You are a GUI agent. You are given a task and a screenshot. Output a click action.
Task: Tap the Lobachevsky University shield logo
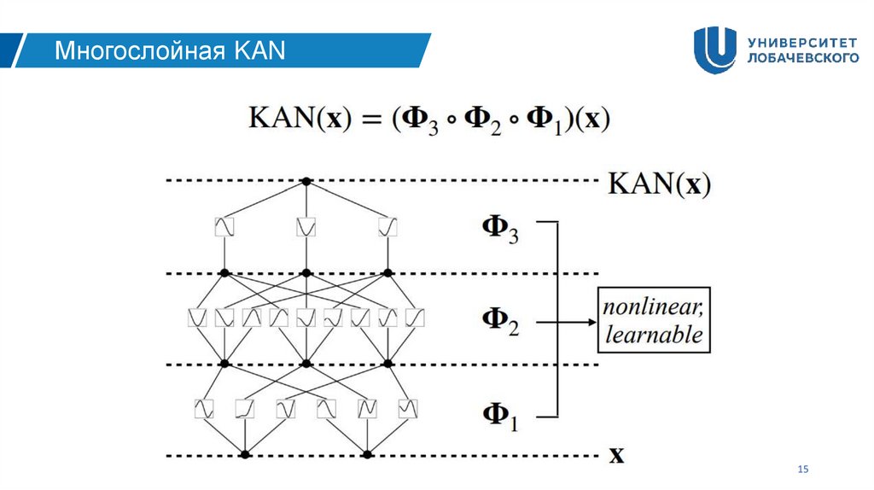[x=714, y=50]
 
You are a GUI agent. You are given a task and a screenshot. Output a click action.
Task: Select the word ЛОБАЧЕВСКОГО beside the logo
[x=801, y=59]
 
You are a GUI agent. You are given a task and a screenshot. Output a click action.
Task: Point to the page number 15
[x=801, y=470]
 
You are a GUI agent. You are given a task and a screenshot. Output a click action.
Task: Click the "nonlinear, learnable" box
[x=654, y=321]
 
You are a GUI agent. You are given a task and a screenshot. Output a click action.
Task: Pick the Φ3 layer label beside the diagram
[x=500, y=230]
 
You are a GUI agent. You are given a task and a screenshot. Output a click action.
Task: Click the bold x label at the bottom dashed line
[x=615, y=455]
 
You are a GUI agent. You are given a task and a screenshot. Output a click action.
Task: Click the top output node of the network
[x=306, y=181]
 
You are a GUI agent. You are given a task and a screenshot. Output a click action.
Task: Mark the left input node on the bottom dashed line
[x=246, y=455]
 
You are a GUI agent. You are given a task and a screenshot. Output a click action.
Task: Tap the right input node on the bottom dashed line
[x=368, y=455]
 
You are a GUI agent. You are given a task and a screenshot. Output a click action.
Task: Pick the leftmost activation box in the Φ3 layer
[x=224, y=227]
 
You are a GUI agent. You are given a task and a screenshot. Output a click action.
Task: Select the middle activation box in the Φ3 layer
[x=306, y=227]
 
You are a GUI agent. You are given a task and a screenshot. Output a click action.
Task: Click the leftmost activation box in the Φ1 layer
[x=204, y=408]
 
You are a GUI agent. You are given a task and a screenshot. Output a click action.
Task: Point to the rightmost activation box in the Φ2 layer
[x=416, y=318]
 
